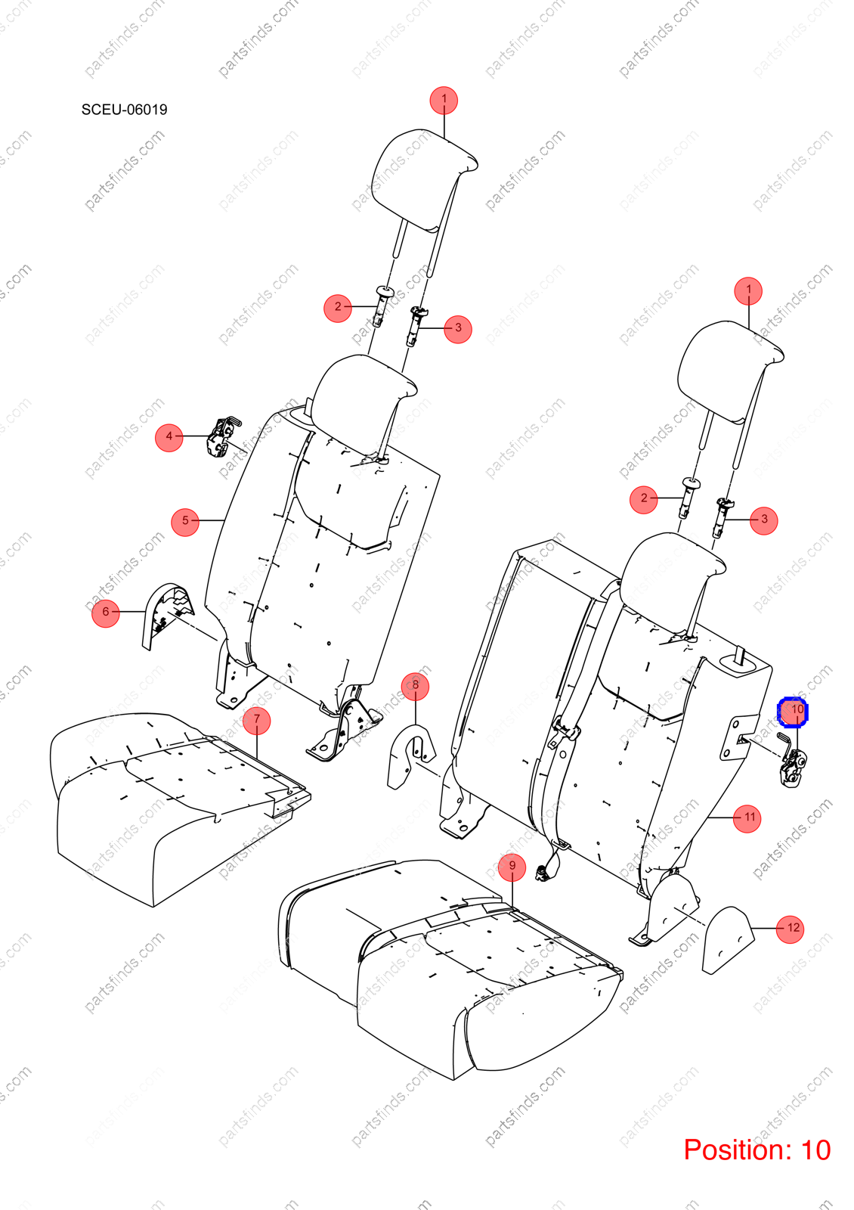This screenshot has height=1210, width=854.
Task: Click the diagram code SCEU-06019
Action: (x=124, y=110)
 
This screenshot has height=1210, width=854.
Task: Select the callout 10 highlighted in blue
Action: (x=793, y=712)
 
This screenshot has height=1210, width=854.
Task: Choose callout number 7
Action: (x=256, y=721)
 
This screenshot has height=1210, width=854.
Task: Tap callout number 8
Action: (x=415, y=687)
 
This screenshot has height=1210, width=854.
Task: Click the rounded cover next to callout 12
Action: (x=727, y=941)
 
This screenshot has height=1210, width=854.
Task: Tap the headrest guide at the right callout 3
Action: (x=722, y=518)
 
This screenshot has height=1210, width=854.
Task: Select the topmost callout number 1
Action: (x=444, y=101)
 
